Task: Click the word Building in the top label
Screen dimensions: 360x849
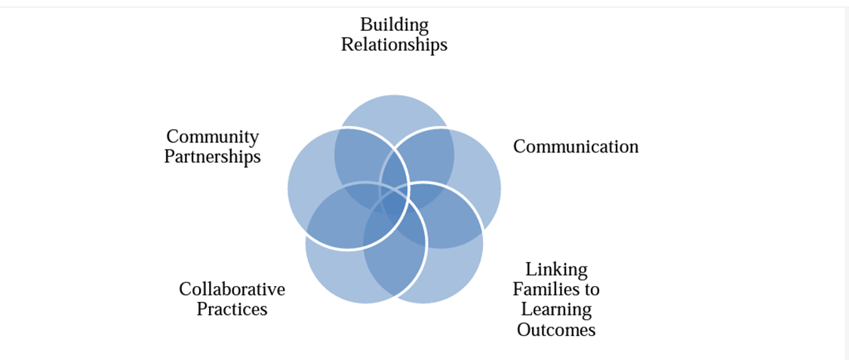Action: pos(394,26)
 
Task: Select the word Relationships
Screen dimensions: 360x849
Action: pos(394,45)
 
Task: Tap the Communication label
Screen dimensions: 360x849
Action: pos(575,146)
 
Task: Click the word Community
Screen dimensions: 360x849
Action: pos(212,137)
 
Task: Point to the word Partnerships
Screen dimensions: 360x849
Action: pos(212,157)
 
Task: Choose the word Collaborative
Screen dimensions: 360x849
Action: pos(232,290)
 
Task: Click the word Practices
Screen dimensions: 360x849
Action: pos(232,309)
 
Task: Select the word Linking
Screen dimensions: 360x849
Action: pos(556,269)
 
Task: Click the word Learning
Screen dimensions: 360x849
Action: pos(556,309)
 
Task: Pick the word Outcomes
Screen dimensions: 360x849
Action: pos(556,330)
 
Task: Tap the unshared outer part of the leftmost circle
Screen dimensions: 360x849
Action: pos(306,181)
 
